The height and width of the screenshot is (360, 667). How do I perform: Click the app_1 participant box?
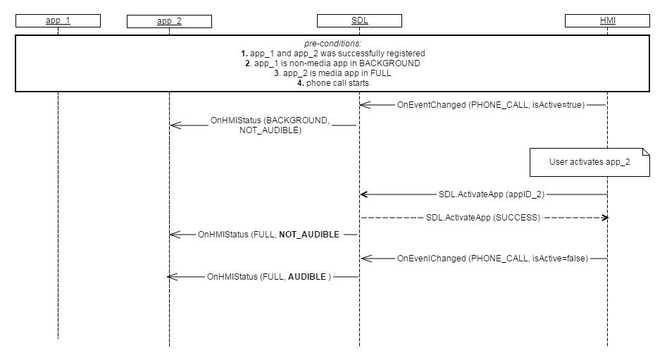click(x=58, y=20)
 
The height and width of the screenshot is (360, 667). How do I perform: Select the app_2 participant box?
click(x=169, y=20)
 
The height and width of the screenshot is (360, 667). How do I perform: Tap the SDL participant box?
click(x=359, y=20)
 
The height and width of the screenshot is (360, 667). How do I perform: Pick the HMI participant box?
click(x=607, y=20)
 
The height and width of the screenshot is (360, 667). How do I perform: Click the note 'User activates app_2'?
click(x=590, y=162)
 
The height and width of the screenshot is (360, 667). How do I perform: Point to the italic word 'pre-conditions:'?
click(x=332, y=44)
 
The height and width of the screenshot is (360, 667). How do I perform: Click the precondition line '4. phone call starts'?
click(x=332, y=84)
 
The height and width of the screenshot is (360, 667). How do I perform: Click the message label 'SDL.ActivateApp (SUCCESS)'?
click(x=483, y=218)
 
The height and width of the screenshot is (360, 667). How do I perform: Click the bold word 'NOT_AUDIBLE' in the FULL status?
click(x=309, y=234)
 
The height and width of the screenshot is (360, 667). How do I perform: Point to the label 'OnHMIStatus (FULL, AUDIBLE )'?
click(x=268, y=278)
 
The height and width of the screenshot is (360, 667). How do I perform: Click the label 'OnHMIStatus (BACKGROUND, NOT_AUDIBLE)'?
click(x=270, y=125)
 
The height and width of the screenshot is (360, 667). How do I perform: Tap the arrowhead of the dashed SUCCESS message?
click(x=604, y=218)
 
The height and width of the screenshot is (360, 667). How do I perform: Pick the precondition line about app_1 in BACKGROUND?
click(x=332, y=63)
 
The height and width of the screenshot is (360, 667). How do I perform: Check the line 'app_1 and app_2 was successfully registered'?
click(x=332, y=54)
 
